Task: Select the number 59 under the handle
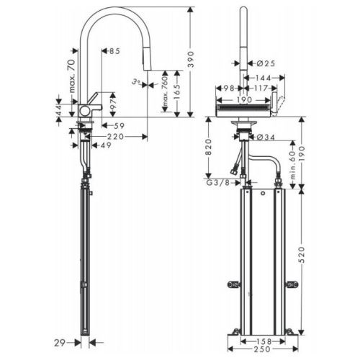pyautogui.click(x=119, y=126)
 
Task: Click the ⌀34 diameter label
pyautogui.click(x=266, y=137)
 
